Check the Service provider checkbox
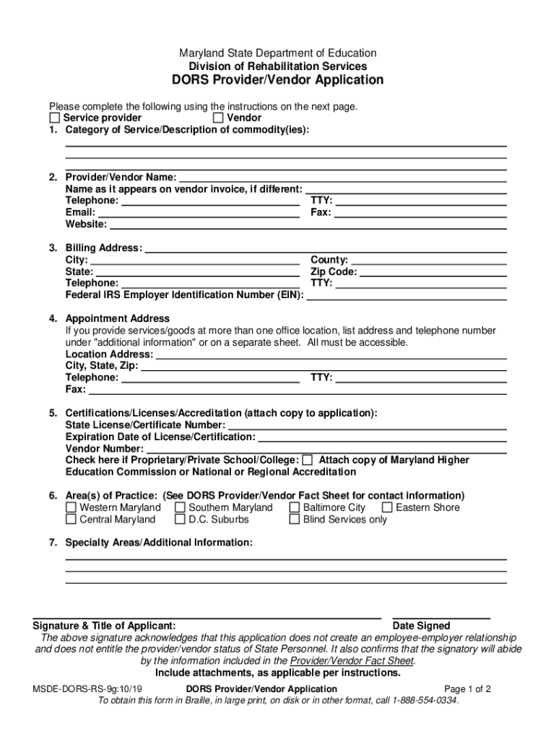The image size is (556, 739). click(x=55, y=118)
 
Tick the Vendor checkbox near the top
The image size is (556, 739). click(x=219, y=118)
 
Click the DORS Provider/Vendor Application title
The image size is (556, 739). click(x=278, y=80)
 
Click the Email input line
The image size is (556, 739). click(x=199, y=213)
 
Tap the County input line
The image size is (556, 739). click(x=428, y=260)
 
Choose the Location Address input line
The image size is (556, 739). click(x=331, y=354)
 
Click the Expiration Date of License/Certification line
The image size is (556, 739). click(x=382, y=437)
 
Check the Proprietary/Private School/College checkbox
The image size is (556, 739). click(x=308, y=460)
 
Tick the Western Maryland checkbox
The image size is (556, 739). click(x=71, y=507)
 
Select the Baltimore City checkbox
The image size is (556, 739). click(x=295, y=507)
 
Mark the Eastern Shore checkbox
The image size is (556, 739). click(x=387, y=507)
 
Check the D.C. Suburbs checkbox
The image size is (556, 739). click(x=180, y=519)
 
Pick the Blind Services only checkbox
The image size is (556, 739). click(x=295, y=519)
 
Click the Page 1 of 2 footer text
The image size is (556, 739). click(x=468, y=688)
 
